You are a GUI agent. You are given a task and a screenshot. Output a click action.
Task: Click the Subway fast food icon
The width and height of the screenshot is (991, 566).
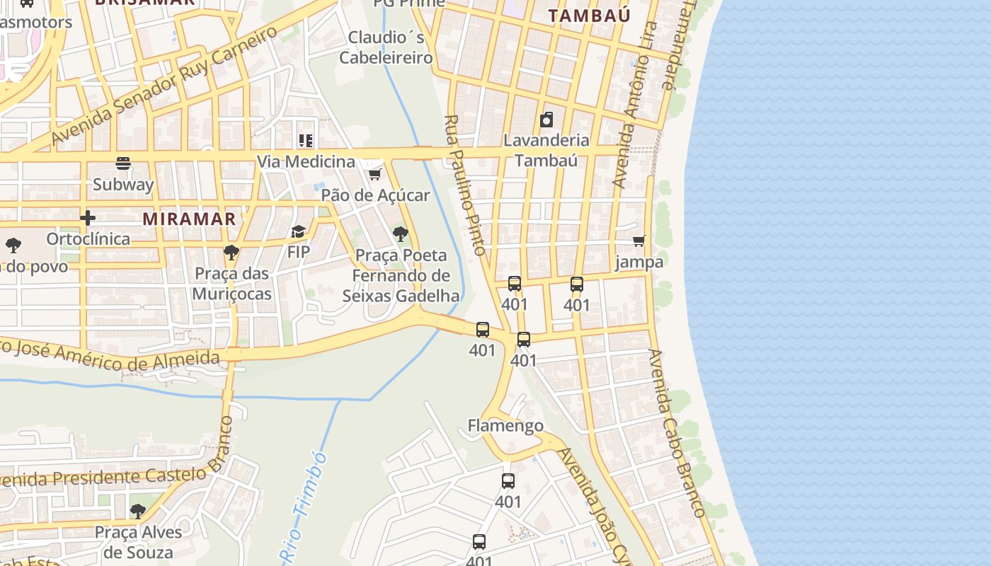pyautogui.click(x=123, y=164)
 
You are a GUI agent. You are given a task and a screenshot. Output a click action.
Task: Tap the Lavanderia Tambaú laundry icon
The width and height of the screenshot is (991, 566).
pyautogui.click(x=546, y=120)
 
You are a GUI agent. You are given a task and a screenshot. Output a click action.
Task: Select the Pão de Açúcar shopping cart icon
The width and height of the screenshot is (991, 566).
pyautogui.click(x=374, y=174)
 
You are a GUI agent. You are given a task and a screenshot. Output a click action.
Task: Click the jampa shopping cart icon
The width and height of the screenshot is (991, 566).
pyautogui.click(x=639, y=241)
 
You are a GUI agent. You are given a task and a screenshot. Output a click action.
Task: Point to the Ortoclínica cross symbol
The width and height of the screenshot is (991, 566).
pyautogui.click(x=88, y=218)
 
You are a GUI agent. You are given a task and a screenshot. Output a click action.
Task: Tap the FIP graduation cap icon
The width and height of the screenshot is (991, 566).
pyautogui.click(x=298, y=231)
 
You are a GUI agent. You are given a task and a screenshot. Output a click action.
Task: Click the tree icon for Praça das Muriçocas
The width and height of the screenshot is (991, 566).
pyautogui.click(x=231, y=252)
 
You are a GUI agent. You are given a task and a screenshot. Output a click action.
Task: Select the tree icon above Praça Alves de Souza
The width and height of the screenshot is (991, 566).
pyautogui.click(x=138, y=511)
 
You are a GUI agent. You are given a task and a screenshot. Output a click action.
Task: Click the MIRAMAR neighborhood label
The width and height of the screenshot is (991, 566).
pyautogui.click(x=189, y=219)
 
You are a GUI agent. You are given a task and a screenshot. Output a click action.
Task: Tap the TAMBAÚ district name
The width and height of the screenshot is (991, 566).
pyautogui.click(x=589, y=16)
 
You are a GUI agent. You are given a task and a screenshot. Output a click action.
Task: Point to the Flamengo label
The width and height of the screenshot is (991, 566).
pyautogui.click(x=505, y=425)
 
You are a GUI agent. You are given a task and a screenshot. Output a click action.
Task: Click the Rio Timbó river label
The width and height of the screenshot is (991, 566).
pyautogui.click(x=304, y=505)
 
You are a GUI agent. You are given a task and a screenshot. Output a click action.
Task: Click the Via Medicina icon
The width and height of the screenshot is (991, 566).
pyautogui.click(x=306, y=141)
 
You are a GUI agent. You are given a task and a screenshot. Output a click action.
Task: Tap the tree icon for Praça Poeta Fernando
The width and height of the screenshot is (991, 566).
pyautogui.click(x=401, y=234)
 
